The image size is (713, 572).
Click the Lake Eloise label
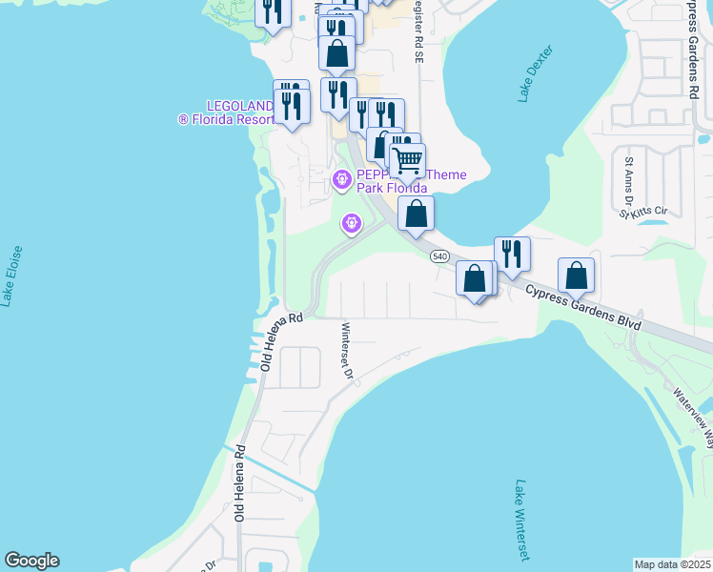point(11,276)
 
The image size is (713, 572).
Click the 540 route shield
point(439,256)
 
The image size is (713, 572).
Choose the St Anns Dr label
point(628,182)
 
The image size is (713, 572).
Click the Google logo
point(31,561)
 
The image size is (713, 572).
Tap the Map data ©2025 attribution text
point(672,564)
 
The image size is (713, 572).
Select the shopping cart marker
point(407,160)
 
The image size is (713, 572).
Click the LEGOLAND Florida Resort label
point(226,112)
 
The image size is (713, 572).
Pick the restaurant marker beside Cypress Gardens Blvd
point(512,254)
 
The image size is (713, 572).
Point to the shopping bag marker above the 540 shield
point(416,214)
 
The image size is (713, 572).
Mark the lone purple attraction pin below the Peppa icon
point(352,224)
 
